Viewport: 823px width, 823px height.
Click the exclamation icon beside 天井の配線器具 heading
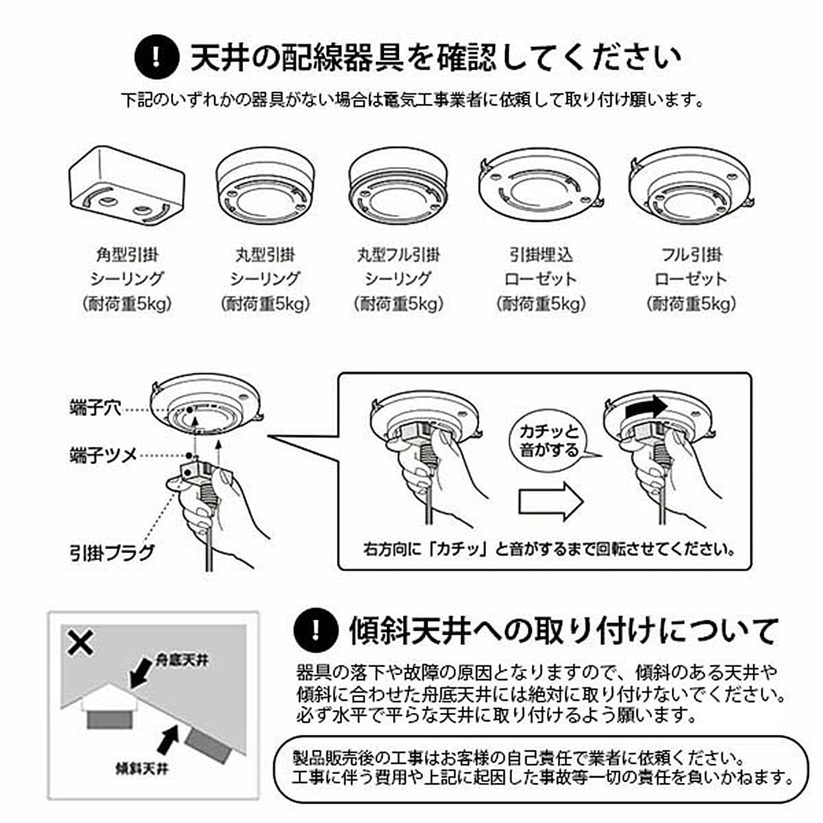156,57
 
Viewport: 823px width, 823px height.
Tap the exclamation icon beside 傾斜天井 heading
315,630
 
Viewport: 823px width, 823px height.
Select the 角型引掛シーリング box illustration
127,186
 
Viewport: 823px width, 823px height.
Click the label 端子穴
95,408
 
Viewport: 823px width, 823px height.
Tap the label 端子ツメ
103,455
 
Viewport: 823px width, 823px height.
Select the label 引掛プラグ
112,553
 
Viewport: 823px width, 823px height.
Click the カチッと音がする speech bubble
549,440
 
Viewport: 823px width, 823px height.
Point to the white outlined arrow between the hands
550,501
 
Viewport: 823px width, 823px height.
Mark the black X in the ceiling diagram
80,642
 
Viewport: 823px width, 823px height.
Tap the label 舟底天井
182,660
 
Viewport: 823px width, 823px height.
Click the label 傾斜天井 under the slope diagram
141,768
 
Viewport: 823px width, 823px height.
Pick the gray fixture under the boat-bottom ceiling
109,718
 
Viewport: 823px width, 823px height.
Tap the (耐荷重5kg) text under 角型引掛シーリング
127,303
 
